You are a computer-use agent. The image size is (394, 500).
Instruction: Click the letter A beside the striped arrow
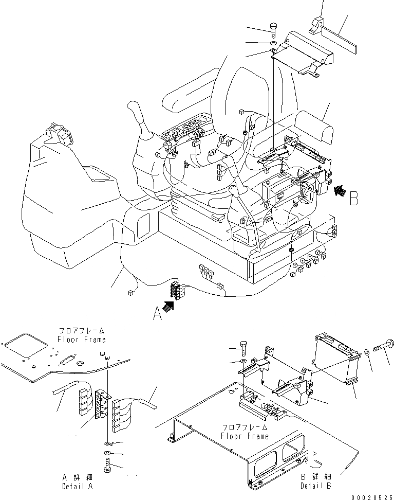tap(158, 313)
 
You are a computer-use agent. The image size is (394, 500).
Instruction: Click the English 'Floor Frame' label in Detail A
tap(82, 340)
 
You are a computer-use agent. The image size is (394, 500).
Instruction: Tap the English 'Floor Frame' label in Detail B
tap(245, 436)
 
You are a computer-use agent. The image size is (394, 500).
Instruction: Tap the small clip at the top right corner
tap(317, 26)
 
